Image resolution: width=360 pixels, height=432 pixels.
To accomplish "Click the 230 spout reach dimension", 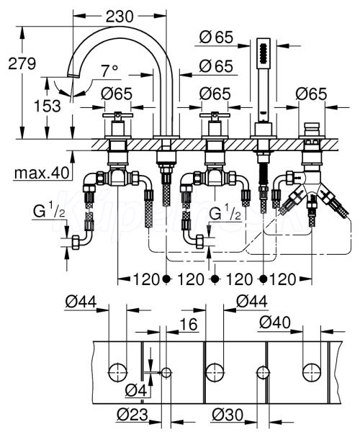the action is pos(120,17).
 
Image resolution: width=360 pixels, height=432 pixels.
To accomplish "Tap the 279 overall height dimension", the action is pos(22,63).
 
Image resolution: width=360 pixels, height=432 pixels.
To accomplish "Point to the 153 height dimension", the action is pos(47,106).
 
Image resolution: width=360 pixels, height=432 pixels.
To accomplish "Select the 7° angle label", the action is pos(109,71).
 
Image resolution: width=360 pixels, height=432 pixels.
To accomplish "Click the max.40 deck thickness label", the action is pos(42,173).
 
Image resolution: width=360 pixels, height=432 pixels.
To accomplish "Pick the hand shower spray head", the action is pos(264,53).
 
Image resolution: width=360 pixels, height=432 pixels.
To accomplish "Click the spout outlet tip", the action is pos(73,76).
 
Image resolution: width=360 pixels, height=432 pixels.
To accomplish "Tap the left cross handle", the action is pos(117,115).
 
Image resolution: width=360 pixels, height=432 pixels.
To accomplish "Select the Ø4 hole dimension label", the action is pos(136,390).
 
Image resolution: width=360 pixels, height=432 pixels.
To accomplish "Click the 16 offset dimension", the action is pos(189,324).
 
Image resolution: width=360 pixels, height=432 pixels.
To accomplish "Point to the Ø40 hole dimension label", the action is pos(275,322).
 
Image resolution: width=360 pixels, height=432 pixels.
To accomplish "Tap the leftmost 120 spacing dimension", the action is pos(146,279).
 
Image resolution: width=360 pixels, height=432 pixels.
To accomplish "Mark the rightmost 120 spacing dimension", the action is pos(282,279).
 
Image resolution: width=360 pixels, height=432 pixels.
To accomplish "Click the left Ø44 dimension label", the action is pos(81,302).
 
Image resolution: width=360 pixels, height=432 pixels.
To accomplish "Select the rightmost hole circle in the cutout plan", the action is pos(312,373).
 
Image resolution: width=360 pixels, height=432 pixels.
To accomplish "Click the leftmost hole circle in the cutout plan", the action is pos(118,373).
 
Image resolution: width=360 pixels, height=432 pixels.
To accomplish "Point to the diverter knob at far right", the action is pos(312,129).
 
